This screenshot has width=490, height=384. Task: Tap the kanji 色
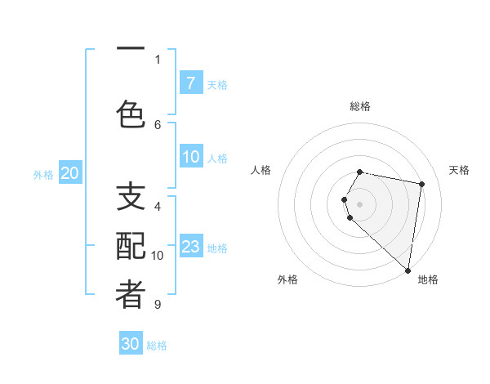point(131,114)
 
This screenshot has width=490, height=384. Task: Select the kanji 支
point(131,197)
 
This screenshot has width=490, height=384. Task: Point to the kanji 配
point(131,248)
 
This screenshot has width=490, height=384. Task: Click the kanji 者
point(131,297)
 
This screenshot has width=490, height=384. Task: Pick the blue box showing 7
point(190,83)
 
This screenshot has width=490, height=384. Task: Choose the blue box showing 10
point(191,157)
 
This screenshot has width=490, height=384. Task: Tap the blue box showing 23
point(191,247)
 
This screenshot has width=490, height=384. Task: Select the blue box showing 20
point(70,173)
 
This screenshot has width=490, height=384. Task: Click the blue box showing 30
point(131,344)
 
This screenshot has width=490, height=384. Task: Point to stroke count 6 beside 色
point(158,124)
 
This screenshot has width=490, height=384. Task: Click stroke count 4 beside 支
point(158,206)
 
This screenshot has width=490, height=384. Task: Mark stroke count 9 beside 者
point(158,305)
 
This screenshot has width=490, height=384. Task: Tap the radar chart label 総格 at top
point(360,106)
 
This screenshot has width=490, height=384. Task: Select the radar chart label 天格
point(460,170)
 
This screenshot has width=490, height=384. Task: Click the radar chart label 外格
point(287,279)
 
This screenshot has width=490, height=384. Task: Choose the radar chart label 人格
point(261,170)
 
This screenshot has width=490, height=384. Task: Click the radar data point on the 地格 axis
point(408,270)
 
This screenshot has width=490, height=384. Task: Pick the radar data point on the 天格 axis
point(421,185)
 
